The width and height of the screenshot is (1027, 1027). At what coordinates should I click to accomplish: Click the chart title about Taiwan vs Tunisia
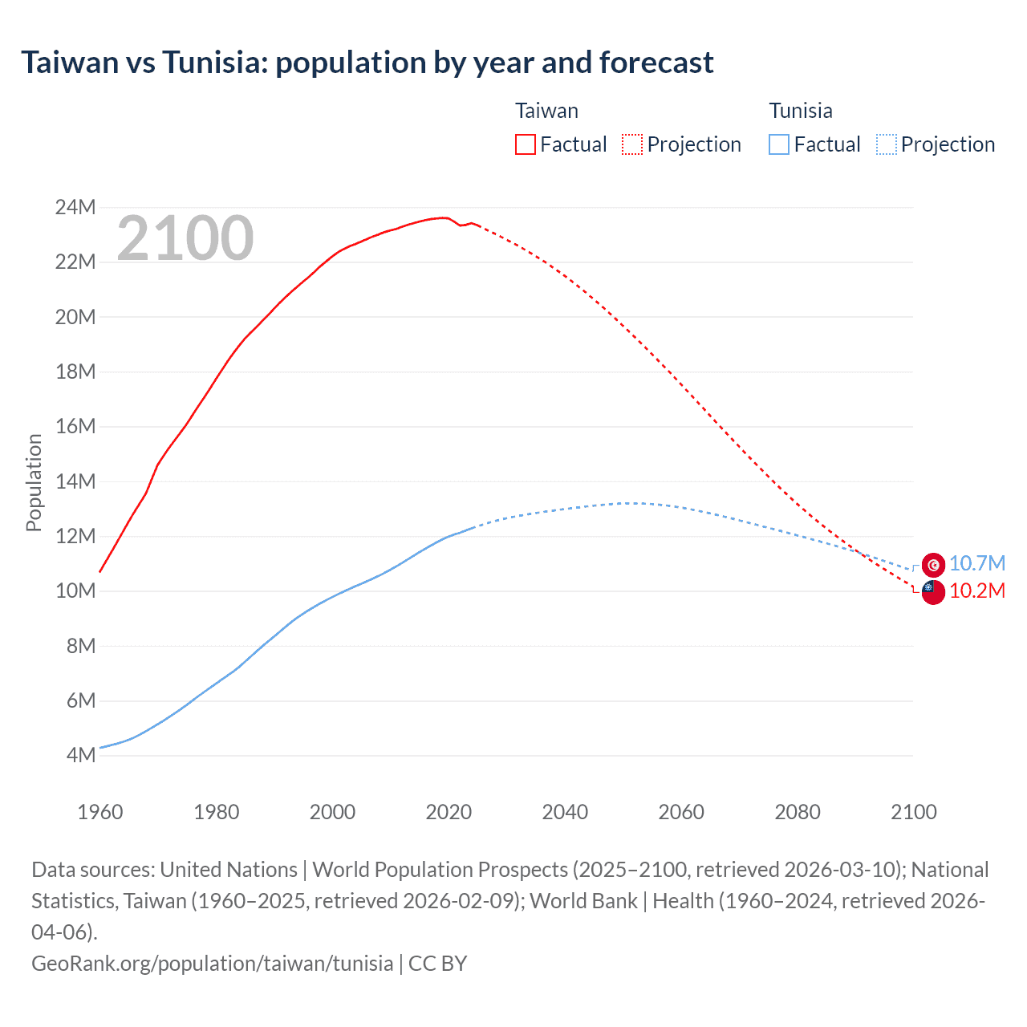pos(367,63)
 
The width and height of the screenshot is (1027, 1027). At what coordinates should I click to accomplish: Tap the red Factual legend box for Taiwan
pos(525,144)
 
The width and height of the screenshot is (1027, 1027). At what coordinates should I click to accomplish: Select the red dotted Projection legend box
pos(632,144)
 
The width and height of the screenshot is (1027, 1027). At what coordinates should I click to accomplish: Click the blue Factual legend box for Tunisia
pos(778,144)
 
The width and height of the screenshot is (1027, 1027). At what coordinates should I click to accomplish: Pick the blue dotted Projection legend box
pos(886,144)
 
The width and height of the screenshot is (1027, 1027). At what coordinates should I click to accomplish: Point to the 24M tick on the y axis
pos(75,208)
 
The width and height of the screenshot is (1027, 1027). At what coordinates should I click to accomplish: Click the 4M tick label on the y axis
pos(80,755)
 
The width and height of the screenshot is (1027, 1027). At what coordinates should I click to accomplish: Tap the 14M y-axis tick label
pos(75,481)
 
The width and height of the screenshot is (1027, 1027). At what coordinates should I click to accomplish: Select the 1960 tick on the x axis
pos(100,812)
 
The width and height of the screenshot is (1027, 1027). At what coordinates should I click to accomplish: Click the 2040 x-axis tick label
pos(565,812)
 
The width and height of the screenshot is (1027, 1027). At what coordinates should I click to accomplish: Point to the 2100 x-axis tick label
pos(913,812)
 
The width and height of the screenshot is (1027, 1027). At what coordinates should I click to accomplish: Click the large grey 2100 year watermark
pos(185,238)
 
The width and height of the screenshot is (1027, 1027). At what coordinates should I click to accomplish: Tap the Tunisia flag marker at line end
pos(933,565)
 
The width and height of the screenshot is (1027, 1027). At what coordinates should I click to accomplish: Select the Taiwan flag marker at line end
pos(933,592)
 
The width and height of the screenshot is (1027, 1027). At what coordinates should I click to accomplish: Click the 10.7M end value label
pos(976,564)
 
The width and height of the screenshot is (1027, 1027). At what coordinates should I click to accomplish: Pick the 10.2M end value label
pos(976,591)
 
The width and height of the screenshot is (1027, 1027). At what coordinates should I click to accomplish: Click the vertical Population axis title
pos(34,481)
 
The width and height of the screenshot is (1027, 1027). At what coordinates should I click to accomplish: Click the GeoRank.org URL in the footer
pos(213,963)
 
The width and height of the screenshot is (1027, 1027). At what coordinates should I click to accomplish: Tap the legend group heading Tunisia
pos(800,111)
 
